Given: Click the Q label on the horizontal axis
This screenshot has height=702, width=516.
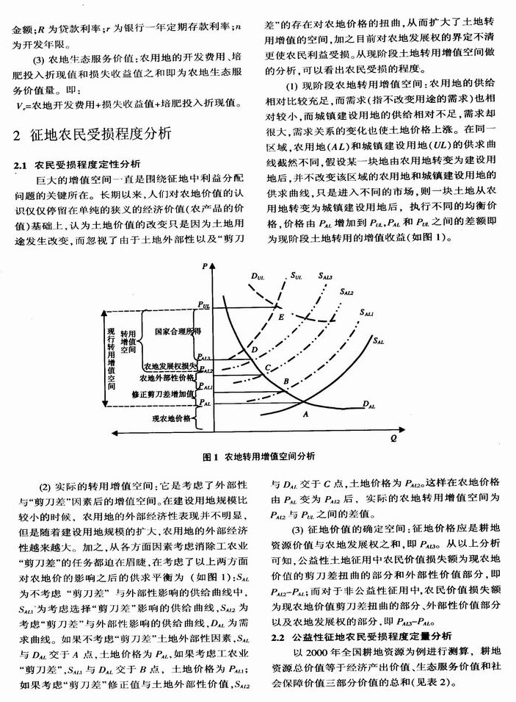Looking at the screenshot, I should coord(393,440).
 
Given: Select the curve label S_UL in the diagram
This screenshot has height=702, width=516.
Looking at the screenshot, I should coord(297,276).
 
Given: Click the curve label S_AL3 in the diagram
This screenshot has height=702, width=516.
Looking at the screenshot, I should coord(326,276).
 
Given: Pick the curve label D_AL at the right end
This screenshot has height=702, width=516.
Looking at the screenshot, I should coord(371,406).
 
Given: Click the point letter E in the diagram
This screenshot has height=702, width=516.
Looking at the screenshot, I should coord(280,316).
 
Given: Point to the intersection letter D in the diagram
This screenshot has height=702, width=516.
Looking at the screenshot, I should coord(254,350).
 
